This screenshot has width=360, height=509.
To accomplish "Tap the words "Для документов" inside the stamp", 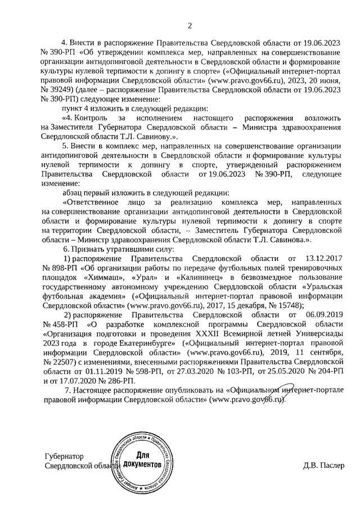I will pos(143,461).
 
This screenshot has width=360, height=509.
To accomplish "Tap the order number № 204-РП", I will pos(323,370).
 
